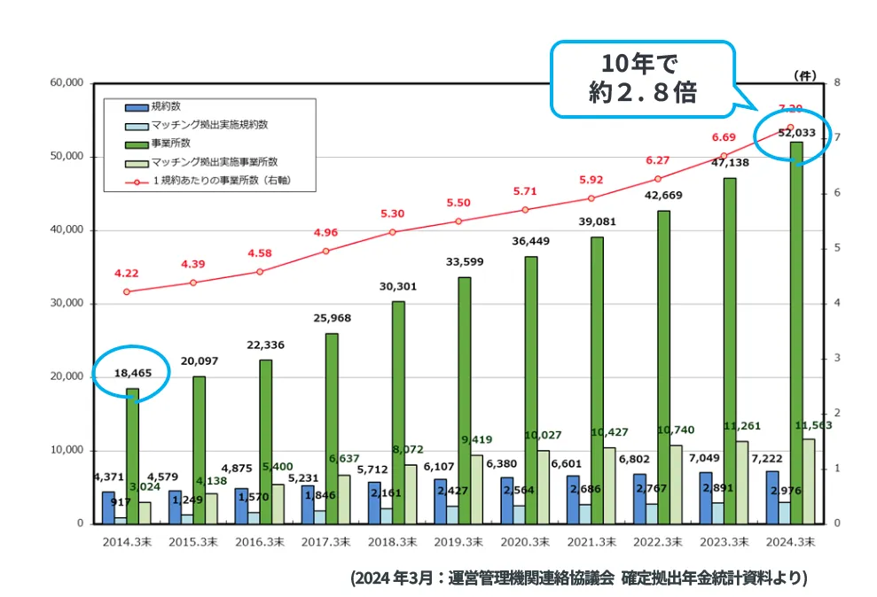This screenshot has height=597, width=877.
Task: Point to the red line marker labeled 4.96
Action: click(x=325, y=251)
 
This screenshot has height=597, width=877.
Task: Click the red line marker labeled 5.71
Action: click(x=525, y=210)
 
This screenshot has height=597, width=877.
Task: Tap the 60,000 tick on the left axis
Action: click(x=66, y=82)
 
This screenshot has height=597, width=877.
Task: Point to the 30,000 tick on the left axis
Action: click(x=66, y=303)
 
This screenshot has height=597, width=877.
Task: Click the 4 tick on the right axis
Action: click(x=824, y=303)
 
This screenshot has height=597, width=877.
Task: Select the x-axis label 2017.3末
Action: click(x=325, y=540)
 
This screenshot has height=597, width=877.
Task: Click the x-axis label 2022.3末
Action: click(x=658, y=540)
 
